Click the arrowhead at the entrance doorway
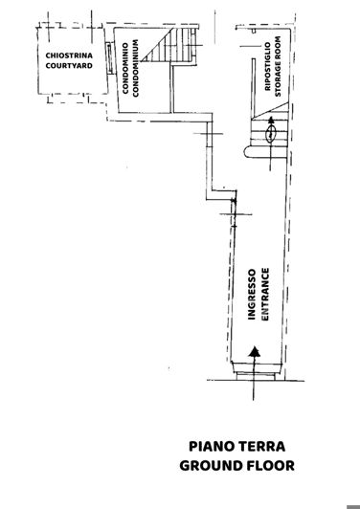click(x=255, y=353)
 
